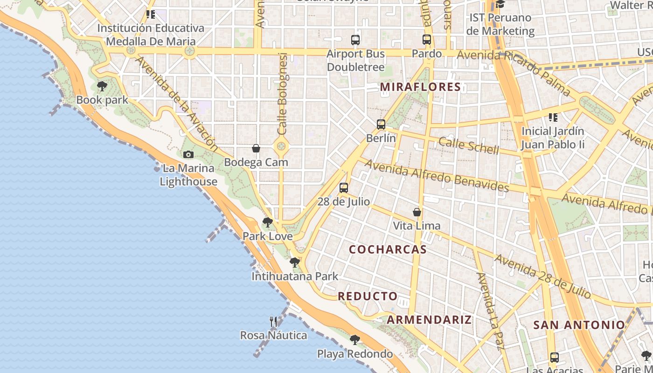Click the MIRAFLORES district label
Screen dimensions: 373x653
pyautogui.click(x=420, y=87)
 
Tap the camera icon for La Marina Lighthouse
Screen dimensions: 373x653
pyautogui.click(x=188, y=154)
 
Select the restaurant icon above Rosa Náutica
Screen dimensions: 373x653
pyautogui.click(x=274, y=321)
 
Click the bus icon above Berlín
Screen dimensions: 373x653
pyautogui.click(x=381, y=124)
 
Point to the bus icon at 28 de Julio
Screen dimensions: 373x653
pyautogui.click(x=344, y=188)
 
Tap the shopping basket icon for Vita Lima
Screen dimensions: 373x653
pyautogui.click(x=417, y=212)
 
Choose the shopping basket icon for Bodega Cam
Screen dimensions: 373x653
pyautogui.click(x=256, y=148)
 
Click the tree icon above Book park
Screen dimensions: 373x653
pyautogui.click(x=102, y=86)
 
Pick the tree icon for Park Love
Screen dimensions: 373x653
pyautogui.click(x=267, y=222)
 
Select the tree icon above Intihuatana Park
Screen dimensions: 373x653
pyautogui.click(x=294, y=262)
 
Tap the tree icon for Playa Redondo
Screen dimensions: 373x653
pyautogui.click(x=355, y=340)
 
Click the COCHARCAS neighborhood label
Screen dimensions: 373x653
pyautogui.click(x=388, y=249)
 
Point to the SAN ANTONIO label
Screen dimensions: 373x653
pyautogui.click(x=579, y=325)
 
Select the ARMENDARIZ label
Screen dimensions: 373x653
pyautogui.click(x=429, y=320)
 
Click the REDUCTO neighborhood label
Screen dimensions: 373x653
pyautogui.click(x=368, y=296)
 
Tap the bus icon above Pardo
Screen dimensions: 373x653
pyautogui.click(x=427, y=40)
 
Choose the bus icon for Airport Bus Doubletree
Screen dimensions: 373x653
pyautogui.click(x=355, y=40)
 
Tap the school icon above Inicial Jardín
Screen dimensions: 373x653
pyautogui.click(x=553, y=117)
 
